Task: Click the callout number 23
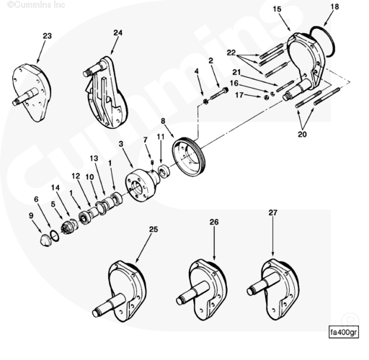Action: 48,36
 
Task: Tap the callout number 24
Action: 117,32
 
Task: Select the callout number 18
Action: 334,6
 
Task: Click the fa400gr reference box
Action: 344,333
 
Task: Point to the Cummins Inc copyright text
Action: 36,5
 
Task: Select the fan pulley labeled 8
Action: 189,157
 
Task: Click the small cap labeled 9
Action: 45,240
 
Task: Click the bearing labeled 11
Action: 164,171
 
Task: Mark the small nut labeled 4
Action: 206,102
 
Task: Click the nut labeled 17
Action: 266,97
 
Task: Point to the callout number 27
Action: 272,212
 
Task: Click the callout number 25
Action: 154,230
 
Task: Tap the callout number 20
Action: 302,134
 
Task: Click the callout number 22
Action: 231,53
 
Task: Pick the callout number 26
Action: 214,222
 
